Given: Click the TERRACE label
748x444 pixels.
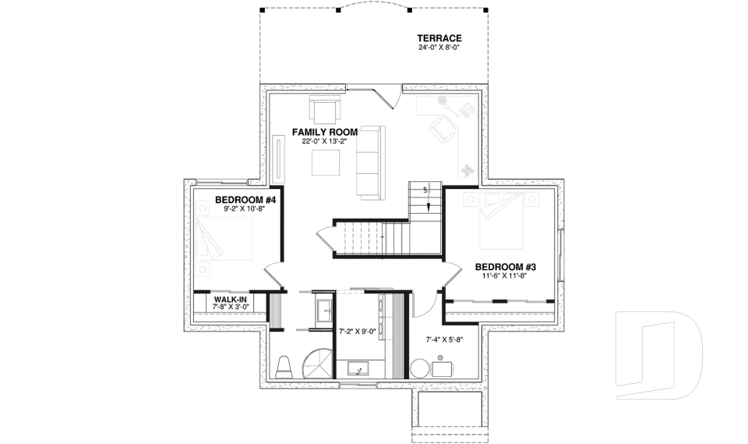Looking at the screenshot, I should [x=439, y=38].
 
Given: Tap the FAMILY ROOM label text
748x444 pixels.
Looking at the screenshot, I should [x=324, y=132].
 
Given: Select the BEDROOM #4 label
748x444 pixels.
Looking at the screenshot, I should [x=246, y=201].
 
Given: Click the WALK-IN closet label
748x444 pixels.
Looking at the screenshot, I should [x=231, y=300].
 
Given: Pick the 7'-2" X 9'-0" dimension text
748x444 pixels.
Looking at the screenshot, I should [x=358, y=331].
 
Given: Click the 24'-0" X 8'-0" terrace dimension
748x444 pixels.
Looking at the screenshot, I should [x=439, y=48].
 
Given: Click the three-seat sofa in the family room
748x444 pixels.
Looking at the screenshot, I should [x=369, y=160].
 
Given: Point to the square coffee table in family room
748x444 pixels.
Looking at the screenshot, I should [x=325, y=163].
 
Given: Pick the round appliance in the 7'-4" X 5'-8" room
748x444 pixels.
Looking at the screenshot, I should [x=419, y=368].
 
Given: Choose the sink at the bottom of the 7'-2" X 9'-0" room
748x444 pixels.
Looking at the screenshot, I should [x=358, y=369].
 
